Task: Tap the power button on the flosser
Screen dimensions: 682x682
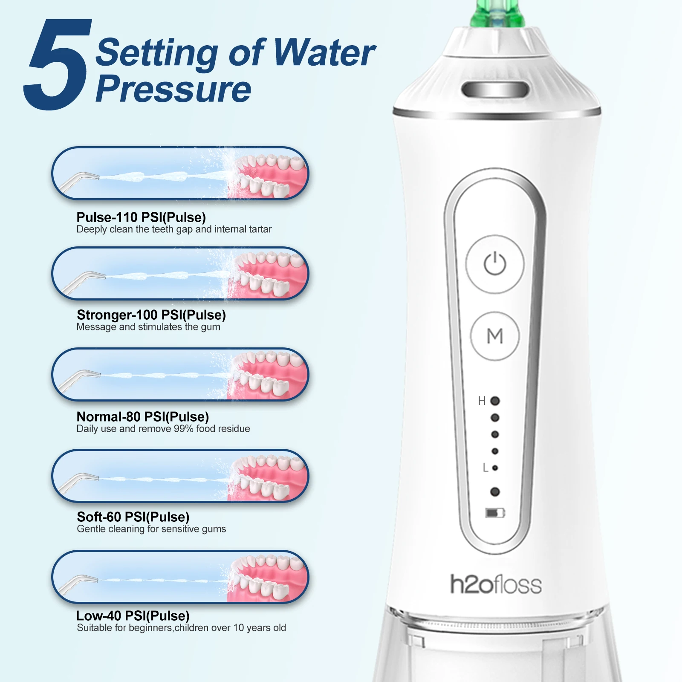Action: (495, 264)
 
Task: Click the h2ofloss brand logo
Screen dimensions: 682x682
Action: (496, 584)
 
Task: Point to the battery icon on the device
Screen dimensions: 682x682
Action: (495, 513)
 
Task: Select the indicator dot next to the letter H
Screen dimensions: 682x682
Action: (495, 401)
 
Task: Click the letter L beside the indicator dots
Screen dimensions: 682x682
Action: (485, 468)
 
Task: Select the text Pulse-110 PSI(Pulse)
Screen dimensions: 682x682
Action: (141, 217)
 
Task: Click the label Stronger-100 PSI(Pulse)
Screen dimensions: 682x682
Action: (151, 315)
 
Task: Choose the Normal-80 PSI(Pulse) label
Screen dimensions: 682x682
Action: (143, 416)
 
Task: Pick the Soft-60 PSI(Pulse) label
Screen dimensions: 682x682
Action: (133, 517)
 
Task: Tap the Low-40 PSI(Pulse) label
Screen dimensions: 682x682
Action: (133, 616)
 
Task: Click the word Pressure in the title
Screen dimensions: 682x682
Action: (173, 90)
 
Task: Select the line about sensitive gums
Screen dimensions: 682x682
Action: (151, 529)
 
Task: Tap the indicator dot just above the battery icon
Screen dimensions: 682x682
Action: (495, 492)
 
